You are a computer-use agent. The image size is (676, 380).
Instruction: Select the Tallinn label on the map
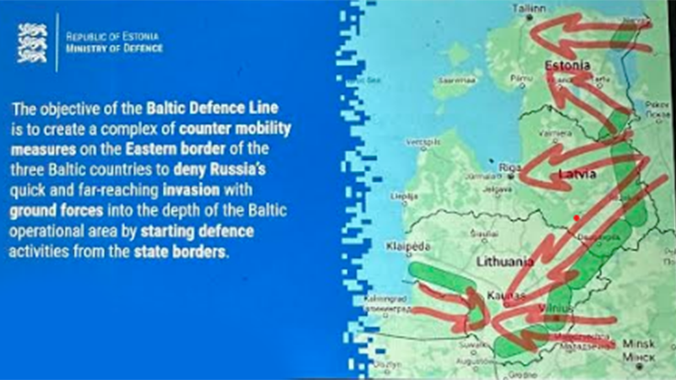526,7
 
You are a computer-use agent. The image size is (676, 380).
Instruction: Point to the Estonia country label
566,65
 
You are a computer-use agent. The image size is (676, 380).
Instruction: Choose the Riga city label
508,167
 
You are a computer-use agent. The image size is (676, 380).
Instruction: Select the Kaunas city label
504,296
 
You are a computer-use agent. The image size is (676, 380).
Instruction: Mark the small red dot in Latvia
577,218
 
